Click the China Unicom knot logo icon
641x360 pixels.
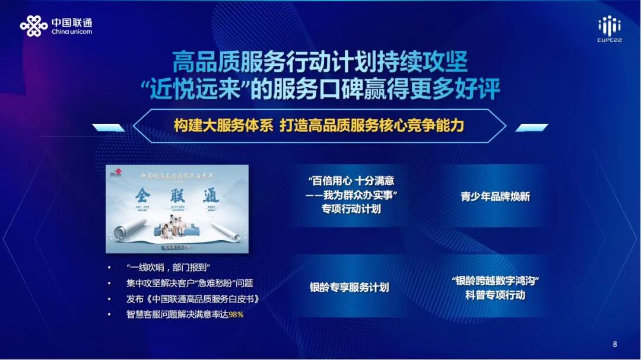pos(33,26)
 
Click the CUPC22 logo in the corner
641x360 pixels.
pos(609,30)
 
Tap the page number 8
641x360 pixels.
pos(614,344)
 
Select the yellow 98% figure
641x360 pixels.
pos(236,314)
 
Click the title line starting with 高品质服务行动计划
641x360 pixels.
pos(320,62)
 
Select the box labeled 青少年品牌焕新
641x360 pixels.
pos(495,196)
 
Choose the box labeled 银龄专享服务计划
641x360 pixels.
pos(349,288)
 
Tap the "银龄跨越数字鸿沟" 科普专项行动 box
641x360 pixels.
pos(495,288)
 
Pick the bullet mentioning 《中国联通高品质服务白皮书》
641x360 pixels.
pos(192,299)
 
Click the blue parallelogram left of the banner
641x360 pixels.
pos(108,128)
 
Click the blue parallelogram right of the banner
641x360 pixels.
pos(531,128)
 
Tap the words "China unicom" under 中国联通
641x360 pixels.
pos(72,32)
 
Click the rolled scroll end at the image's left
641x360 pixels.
pos(129,228)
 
